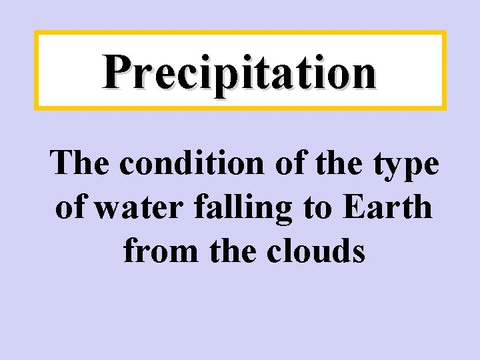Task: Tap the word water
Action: click(132, 208)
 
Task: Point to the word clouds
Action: click(315, 252)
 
